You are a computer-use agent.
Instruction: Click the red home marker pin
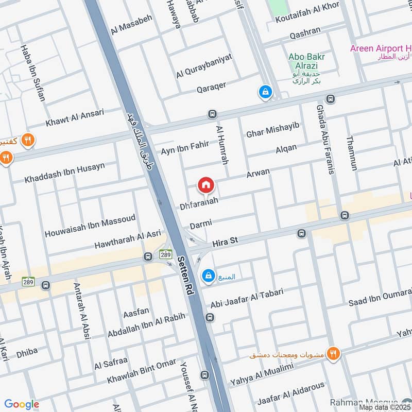click(206, 185)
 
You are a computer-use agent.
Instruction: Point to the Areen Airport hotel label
click(380, 49)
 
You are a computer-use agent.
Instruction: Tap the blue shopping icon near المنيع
click(207, 276)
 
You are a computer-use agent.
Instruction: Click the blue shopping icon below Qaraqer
click(265, 92)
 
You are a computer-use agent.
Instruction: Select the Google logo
click(22, 405)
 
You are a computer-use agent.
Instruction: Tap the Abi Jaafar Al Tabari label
click(247, 299)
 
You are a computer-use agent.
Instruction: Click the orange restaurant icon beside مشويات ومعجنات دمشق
click(334, 354)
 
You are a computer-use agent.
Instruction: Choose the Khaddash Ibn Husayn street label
click(65, 173)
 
